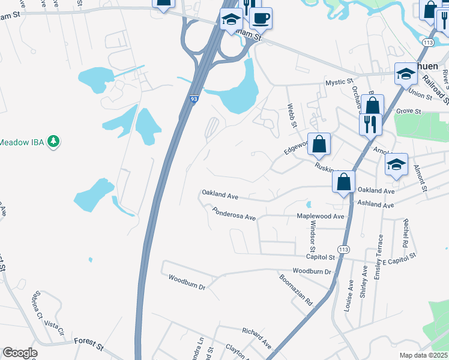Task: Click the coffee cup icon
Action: [261, 19]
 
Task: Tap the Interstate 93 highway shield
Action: [194, 98]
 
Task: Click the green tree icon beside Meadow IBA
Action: [54, 142]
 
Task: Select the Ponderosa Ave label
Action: [234, 214]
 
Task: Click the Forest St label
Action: [89, 341]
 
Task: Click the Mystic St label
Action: [339, 82]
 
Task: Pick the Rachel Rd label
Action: [405, 234]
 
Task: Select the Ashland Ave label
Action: [376, 205]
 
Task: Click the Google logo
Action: [20, 353]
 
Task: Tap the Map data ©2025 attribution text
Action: [423, 355]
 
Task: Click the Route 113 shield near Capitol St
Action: [343, 249]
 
